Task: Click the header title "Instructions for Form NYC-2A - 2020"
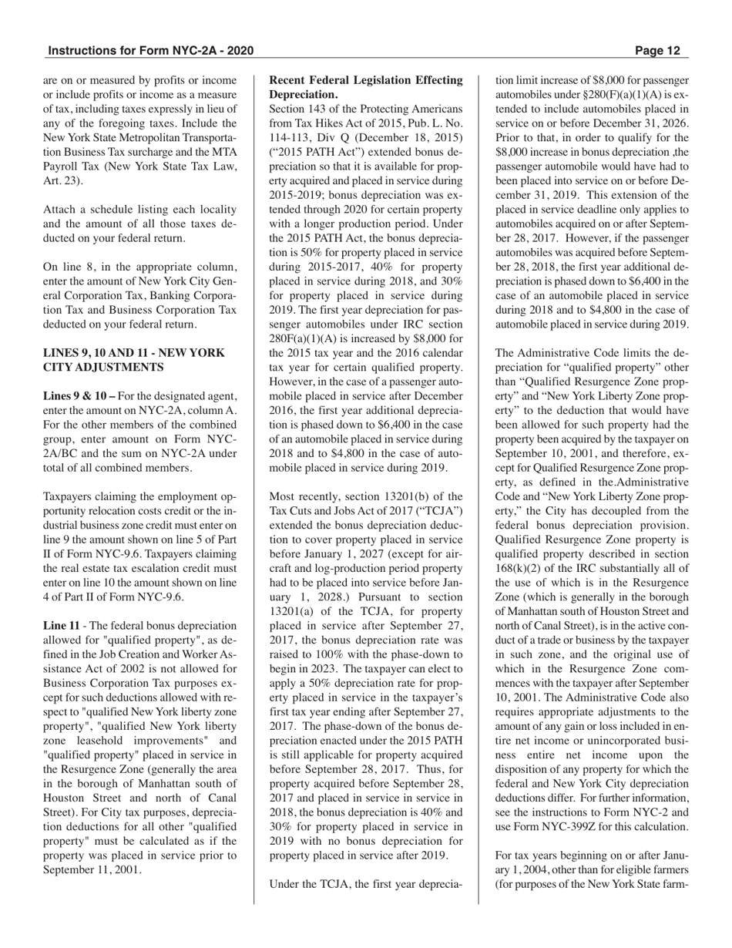[150, 51]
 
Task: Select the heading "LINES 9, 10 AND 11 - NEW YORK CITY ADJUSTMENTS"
[134, 359]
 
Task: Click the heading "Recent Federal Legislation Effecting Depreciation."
[366, 86]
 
